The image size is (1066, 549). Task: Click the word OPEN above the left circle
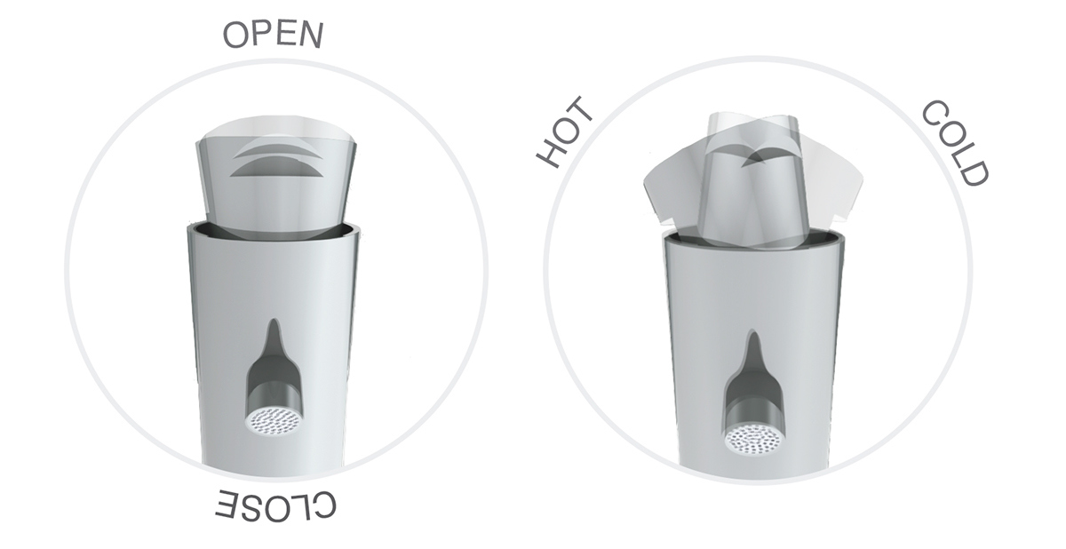click(x=273, y=35)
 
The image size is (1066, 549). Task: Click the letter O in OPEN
click(x=235, y=36)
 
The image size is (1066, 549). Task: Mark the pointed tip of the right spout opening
click(x=753, y=338)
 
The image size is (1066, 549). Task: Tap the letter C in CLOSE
click(x=324, y=505)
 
